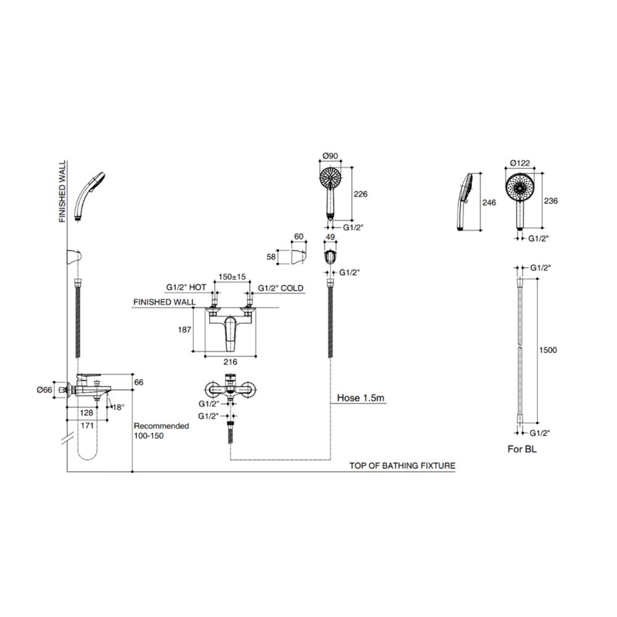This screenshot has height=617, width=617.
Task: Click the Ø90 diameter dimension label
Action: click(x=330, y=156)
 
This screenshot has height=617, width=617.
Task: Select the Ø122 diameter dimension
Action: click(x=520, y=163)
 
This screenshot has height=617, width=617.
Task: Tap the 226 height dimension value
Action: click(x=360, y=194)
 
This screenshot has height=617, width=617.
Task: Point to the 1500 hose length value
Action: click(x=548, y=350)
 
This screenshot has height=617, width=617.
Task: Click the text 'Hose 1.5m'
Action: click(x=360, y=398)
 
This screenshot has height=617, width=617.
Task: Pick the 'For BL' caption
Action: click(x=522, y=449)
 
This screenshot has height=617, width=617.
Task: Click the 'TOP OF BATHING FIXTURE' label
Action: click(x=402, y=466)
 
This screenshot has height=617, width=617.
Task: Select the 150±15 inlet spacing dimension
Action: click(x=232, y=276)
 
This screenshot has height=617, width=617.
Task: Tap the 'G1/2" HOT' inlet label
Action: click(x=186, y=288)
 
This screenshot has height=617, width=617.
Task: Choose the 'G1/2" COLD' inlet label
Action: click(x=281, y=288)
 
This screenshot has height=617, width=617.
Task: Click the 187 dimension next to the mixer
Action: click(x=184, y=329)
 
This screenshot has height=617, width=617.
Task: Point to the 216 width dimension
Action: click(x=230, y=362)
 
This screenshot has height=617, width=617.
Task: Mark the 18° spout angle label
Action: click(x=118, y=407)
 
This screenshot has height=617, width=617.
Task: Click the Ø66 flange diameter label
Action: click(x=44, y=390)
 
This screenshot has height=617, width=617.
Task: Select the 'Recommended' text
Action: click(x=161, y=426)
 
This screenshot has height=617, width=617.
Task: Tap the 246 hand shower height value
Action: click(x=489, y=202)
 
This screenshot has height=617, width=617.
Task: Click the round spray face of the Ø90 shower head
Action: click(x=330, y=178)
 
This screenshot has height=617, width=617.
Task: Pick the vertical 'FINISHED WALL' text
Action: click(x=62, y=192)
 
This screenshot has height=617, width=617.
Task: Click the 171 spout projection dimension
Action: click(x=87, y=425)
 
